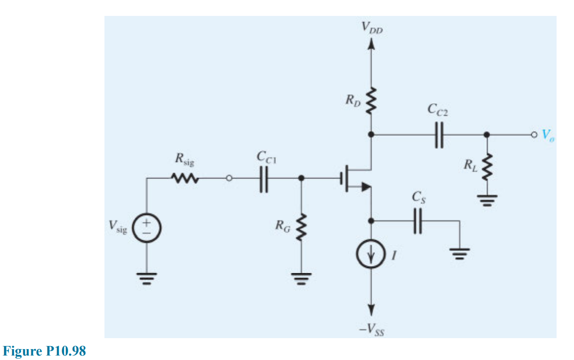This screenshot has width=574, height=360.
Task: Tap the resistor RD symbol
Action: [x=371, y=102]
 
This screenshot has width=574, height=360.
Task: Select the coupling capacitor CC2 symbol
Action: [x=438, y=135]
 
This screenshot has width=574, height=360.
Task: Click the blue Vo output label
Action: [x=548, y=134]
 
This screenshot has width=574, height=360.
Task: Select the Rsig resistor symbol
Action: [x=186, y=178]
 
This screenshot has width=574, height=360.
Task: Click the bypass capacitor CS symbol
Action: [x=418, y=220]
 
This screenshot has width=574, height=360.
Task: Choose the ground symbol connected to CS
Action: [x=460, y=255]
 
